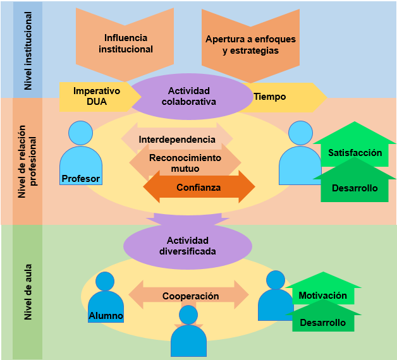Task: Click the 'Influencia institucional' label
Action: [126, 44]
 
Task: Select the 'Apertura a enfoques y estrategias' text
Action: [250, 45]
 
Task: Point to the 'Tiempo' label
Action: [270, 97]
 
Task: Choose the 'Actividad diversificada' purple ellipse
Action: [188, 246]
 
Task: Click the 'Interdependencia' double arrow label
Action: [177, 140]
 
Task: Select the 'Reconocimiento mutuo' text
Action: [185, 163]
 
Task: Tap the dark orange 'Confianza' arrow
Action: [199, 187]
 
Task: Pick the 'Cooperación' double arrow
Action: [188, 295]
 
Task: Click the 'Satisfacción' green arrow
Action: [355, 144]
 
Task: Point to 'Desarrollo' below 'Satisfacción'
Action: [355, 188]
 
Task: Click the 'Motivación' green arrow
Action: [323, 289]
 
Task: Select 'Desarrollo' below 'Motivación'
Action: [323, 323]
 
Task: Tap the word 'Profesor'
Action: [81, 179]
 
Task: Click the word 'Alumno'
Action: [106, 316]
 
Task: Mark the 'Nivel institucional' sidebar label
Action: [28, 51]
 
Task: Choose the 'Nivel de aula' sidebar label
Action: [28, 292]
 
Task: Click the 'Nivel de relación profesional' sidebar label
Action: [27, 162]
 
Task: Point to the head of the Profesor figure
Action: [80, 133]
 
